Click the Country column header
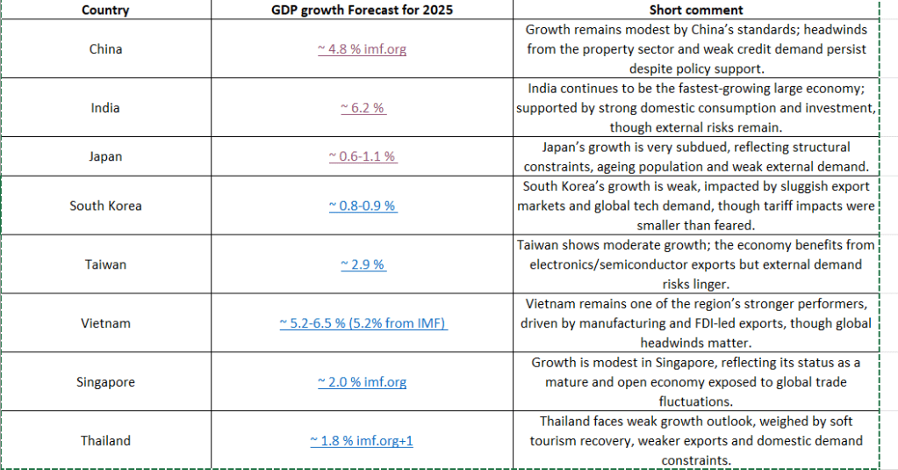[x=105, y=10]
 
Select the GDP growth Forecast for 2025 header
[x=362, y=10]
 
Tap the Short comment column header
[x=696, y=10]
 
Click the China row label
[x=105, y=49]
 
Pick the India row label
[x=105, y=108]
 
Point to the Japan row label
[x=105, y=156]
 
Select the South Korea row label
[x=105, y=206]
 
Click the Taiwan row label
[x=105, y=264]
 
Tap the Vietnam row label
[x=105, y=323]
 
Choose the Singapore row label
[x=105, y=382]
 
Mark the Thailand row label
[x=105, y=440]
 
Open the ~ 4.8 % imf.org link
[x=362, y=49]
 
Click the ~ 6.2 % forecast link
[x=362, y=108]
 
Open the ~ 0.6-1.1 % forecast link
[x=362, y=156]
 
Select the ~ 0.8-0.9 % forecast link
[x=362, y=206]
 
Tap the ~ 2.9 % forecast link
[x=362, y=264]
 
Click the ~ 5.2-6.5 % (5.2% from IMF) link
[x=363, y=323]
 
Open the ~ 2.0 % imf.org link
[x=362, y=382]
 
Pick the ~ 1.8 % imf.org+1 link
[x=362, y=440]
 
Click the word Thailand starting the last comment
[x=567, y=422]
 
